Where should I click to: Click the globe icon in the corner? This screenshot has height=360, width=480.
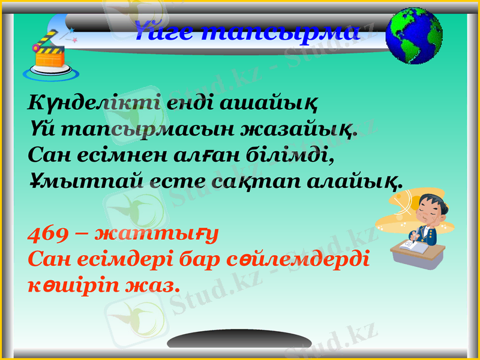pyautogui.click(x=415, y=35)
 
